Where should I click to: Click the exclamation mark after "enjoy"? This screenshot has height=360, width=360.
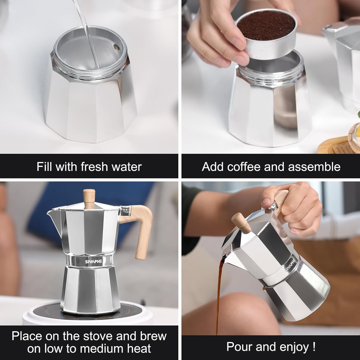(313, 347)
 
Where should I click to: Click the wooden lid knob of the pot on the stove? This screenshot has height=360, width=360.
(89, 198)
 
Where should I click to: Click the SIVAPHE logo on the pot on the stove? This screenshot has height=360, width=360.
(92, 262)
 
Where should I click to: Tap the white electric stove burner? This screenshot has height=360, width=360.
(88, 315)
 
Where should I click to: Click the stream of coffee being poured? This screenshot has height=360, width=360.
(219, 295)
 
